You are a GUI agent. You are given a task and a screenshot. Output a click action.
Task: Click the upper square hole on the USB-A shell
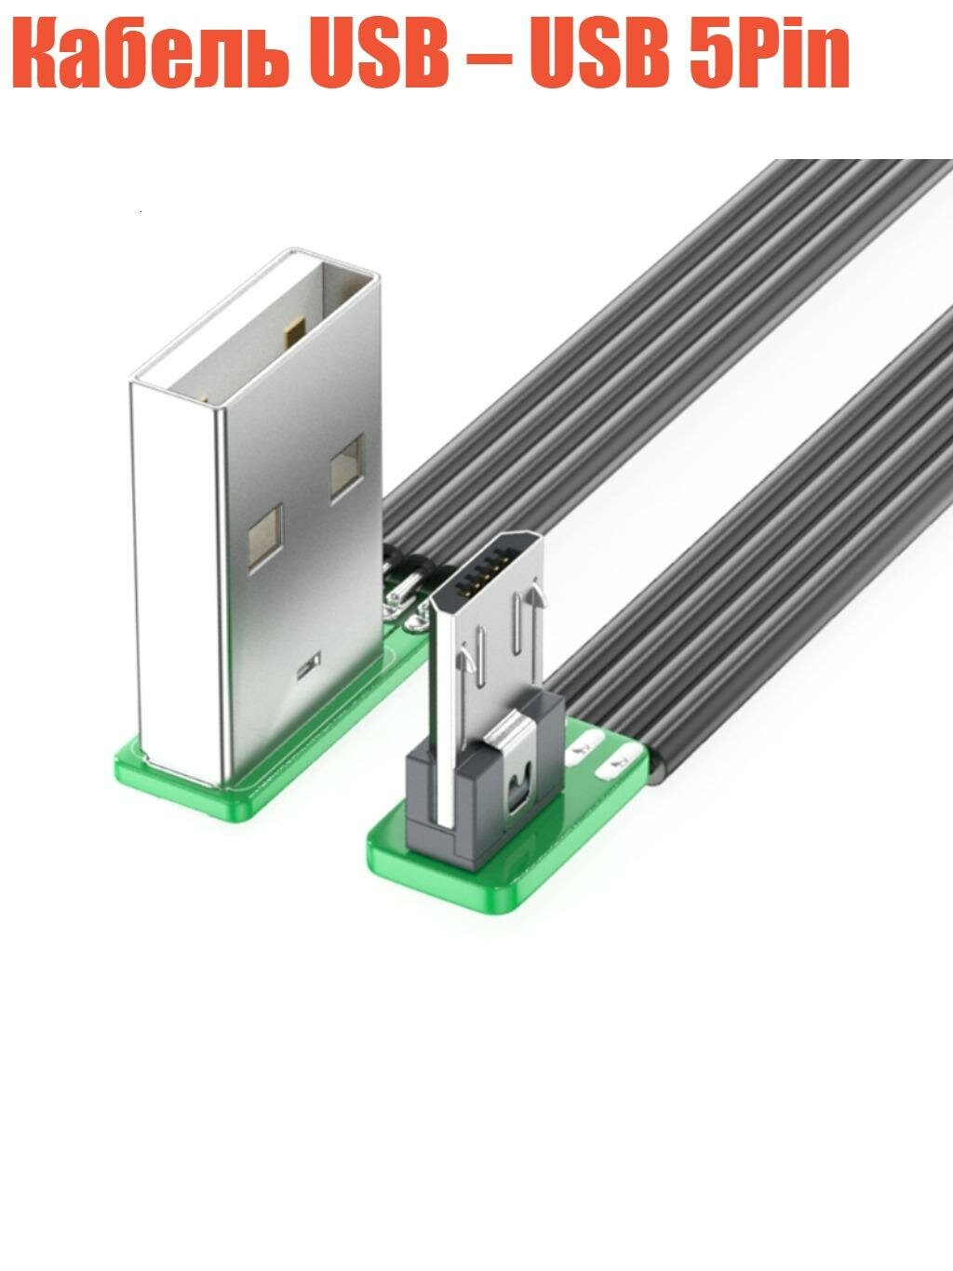[x=346, y=462]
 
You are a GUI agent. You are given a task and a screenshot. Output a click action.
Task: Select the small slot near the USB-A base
[x=306, y=666]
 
